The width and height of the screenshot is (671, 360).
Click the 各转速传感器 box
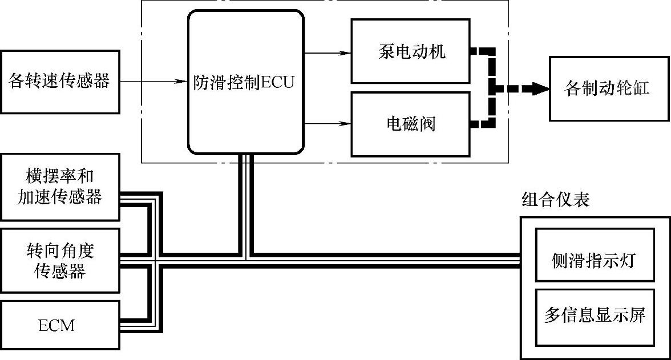[60, 82]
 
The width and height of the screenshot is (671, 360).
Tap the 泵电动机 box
[411, 52]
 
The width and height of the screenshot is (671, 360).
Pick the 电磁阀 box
[411, 123]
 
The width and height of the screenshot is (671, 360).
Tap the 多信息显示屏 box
[595, 317]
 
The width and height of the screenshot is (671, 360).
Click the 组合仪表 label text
[555, 199]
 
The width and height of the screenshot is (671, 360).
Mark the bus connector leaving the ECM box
[137, 326]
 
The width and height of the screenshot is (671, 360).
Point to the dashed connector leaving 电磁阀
[482, 123]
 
